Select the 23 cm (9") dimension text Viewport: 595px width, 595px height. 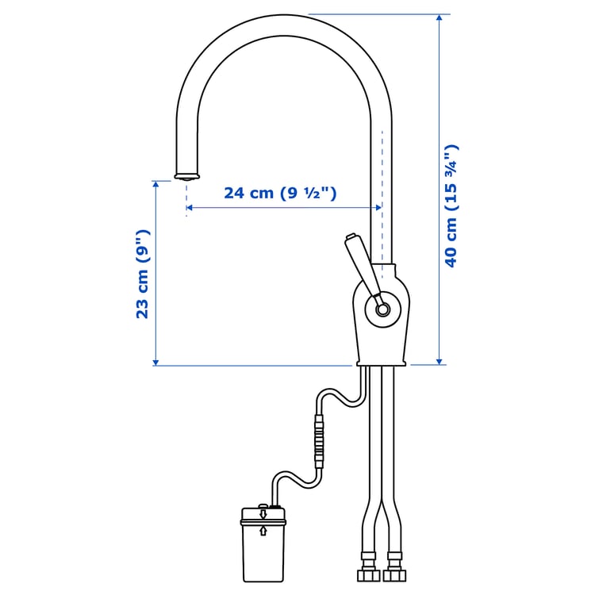tap(143, 274)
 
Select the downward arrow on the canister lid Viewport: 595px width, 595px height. tap(263, 513)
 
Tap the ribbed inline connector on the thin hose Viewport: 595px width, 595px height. tap(320, 440)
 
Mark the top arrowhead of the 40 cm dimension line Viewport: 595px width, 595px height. tap(439, 18)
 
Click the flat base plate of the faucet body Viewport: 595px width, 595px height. tap(382, 364)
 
